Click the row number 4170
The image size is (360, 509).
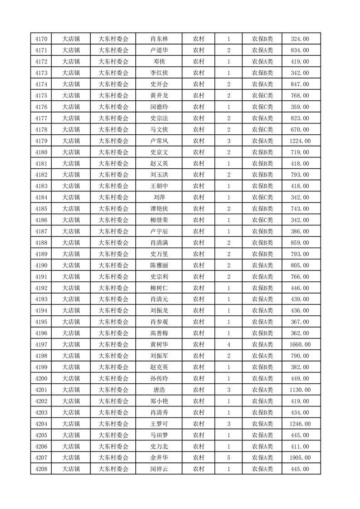(41, 39)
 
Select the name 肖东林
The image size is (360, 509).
(159, 39)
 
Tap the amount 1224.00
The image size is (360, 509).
(300, 141)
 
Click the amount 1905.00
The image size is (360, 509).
(300, 458)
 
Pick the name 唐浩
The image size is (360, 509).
(159, 390)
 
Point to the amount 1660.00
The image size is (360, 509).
(300, 345)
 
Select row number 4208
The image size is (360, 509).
(41, 469)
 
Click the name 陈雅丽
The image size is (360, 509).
(159, 265)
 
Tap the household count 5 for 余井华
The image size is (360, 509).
(229, 458)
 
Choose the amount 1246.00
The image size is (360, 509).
(300, 424)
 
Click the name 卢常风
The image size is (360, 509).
(159, 141)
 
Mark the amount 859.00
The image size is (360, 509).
(300, 243)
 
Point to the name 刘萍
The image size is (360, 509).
(159, 197)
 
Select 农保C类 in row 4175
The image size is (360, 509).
(262, 96)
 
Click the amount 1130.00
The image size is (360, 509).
(300, 390)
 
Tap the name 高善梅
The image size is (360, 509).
(159, 333)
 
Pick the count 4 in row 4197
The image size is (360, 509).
(229, 345)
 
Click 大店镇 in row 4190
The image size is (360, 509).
(71, 265)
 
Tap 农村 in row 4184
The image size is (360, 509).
(198, 197)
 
